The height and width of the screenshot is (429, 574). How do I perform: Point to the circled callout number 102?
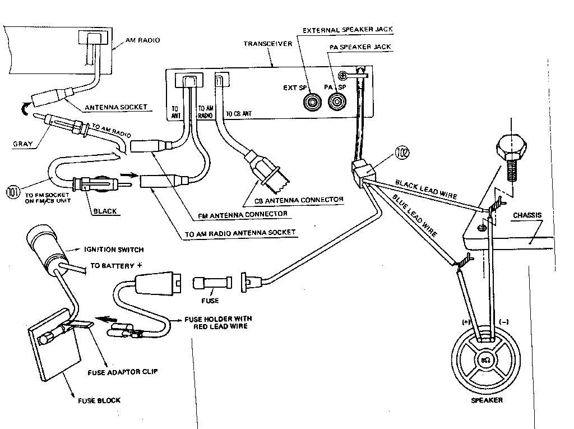pos(401,151)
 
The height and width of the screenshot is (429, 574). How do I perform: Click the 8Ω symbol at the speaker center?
pos(486,359)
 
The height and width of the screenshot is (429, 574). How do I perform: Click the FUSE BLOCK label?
pos(99,400)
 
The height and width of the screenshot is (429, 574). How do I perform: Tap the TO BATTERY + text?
pos(110,266)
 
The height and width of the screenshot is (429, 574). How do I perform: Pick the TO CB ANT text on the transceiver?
pos(239,114)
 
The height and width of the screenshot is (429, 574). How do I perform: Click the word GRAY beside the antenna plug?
pos(21,144)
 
